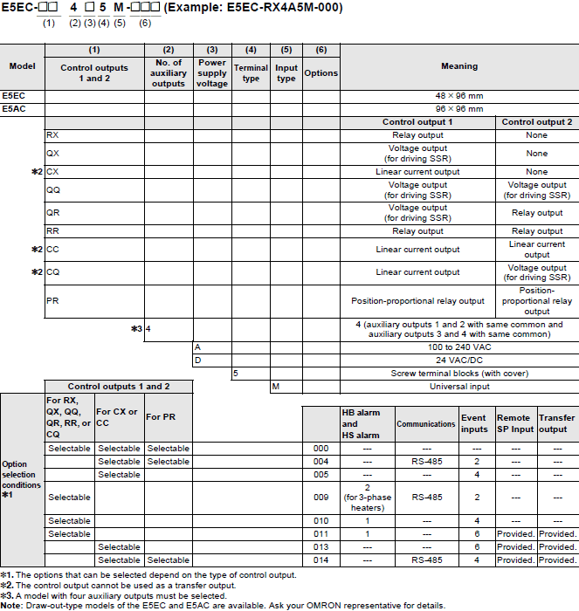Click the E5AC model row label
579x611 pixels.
14,109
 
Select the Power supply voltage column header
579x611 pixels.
212,73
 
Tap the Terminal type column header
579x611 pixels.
251,73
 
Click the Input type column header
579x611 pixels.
286,73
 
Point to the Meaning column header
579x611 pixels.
459,66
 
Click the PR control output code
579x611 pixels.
52,301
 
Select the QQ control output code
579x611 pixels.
53,189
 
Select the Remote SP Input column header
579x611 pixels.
514,423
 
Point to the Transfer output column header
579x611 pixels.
556,423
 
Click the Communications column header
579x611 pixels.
427,424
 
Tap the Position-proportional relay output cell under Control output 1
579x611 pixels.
417,301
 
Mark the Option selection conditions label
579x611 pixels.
21,480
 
